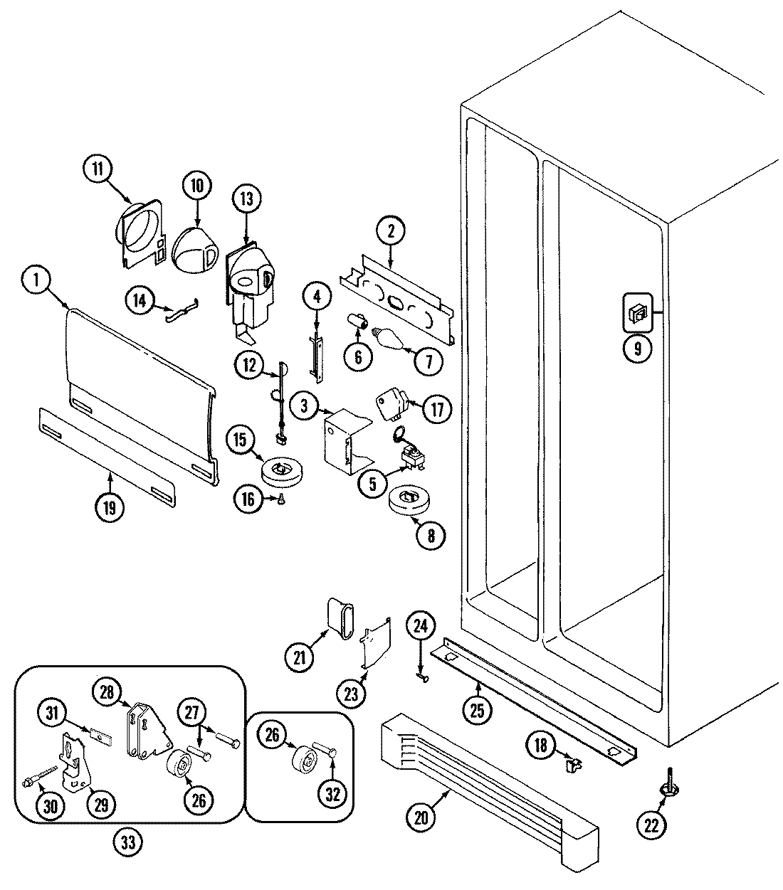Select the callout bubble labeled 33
click(x=127, y=842)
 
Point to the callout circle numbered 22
click(x=653, y=825)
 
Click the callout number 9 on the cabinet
click(x=638, y=348)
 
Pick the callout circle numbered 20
click(x=422, y=817)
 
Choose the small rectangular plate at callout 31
click(x=98, y=733)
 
